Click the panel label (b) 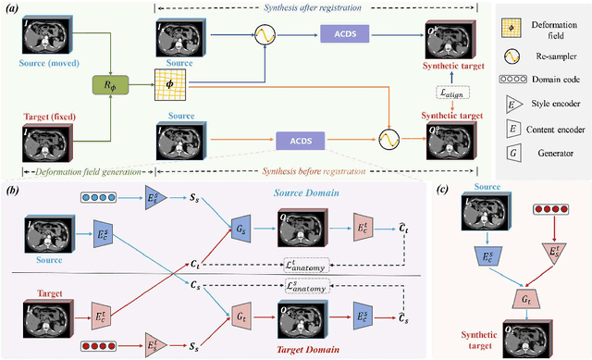13,190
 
